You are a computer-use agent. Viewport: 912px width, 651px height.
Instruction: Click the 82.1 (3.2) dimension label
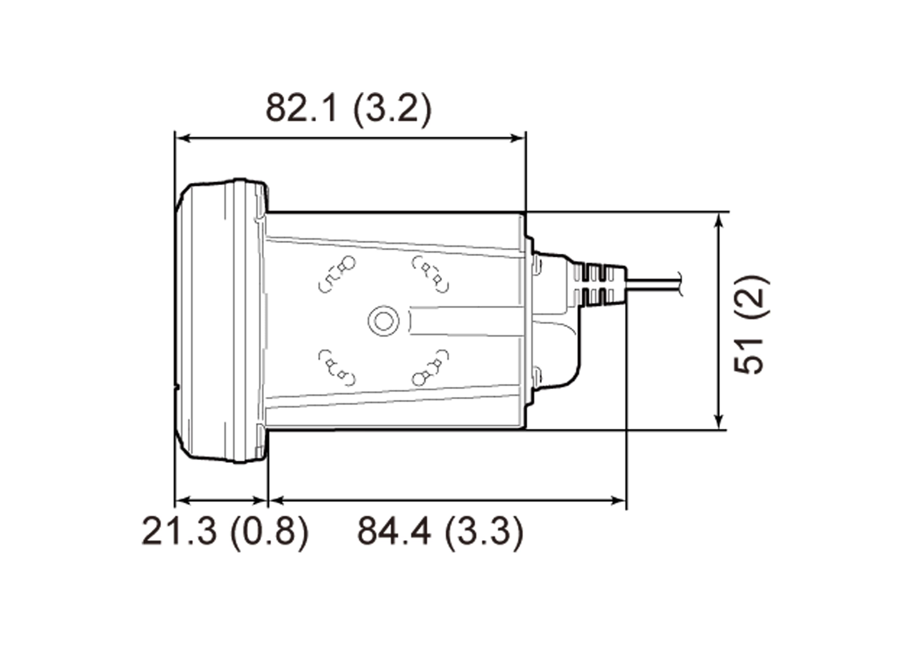pyautogui.click(x=349, y=109)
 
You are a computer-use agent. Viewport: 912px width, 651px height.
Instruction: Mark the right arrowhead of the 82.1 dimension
pyautogui.click(x=517, y=138)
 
